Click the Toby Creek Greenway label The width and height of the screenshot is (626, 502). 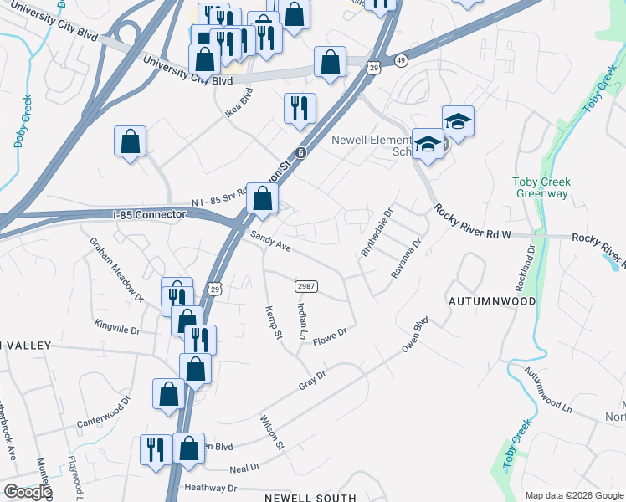[540, 188]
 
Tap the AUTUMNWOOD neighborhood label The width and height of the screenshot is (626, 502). [491, 299]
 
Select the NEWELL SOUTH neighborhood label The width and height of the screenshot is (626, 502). [310, 497]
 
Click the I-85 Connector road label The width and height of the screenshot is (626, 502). [151, 215]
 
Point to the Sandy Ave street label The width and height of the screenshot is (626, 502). [270, 242]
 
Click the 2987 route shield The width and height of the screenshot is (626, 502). [305, 286]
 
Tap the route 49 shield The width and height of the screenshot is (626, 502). [402, 60]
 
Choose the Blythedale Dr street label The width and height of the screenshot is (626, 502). [376, 233]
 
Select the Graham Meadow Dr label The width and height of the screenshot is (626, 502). [117, 266]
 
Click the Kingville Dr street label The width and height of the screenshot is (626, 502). [117, 327]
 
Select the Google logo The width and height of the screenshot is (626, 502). [28, 492]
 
